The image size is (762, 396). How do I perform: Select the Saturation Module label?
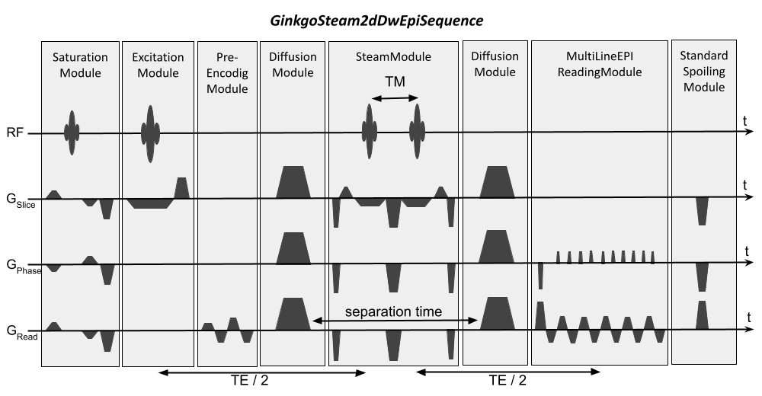pyautogui.click(x=80, y=65)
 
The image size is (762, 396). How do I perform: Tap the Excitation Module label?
pyautogui.click(x=158, y=65)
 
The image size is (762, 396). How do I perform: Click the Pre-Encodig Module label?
pyautogui.click(x=227, y=73)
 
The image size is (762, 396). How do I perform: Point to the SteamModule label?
pyautogui.click(x=393, y=57)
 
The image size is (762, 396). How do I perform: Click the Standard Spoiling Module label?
pyautogui.click(x=703, y=72)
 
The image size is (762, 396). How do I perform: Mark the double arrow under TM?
pyautogui.click(x=394, y=97)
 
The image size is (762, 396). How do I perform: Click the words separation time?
pyautogui.click(x=393, y=311)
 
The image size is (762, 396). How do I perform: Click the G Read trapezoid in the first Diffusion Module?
pyautogui.click(x=293, y=314)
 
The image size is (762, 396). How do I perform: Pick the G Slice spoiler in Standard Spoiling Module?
pyautogui.click(x=702, y=210)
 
